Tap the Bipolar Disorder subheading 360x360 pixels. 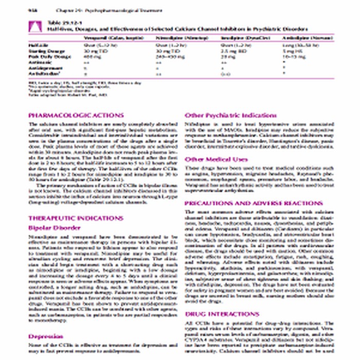[54, 227]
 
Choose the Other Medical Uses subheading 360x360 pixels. [215, 159]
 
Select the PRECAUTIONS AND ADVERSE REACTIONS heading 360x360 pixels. [254, 203]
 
